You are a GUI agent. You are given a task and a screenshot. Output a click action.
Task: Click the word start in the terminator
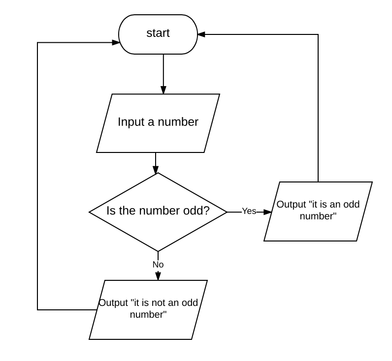click(158, 33)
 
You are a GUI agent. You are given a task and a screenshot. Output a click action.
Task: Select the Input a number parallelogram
click(158, 123)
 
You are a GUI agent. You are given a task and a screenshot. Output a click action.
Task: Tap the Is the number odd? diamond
click(158, 212)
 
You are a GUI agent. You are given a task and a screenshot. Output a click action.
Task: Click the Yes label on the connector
click(249, 211)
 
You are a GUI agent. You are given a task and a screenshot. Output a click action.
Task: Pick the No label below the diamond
click(158, 265)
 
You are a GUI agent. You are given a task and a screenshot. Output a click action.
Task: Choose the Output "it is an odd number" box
click(318, 211)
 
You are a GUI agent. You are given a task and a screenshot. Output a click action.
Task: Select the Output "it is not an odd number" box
click(148, 309)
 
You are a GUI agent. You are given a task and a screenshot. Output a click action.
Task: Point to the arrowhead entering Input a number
click(163, 90)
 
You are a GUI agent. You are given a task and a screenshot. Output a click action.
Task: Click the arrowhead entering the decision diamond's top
click(156, 170)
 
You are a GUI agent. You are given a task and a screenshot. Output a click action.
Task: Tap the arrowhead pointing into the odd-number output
click(267, 212)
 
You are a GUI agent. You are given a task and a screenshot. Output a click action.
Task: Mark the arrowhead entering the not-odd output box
click(158, 276)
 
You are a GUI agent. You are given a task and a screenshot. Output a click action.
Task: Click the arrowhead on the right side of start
click(201, 34)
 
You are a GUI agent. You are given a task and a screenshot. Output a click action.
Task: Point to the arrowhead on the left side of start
click(116, 42)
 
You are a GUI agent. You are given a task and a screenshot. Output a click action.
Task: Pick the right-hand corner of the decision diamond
click(227, 212)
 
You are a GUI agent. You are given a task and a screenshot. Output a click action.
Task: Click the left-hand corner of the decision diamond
click(89, 212)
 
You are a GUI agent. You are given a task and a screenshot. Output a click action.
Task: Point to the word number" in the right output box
click(318, 216)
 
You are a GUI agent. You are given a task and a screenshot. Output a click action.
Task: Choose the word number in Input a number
click(178, 122)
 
